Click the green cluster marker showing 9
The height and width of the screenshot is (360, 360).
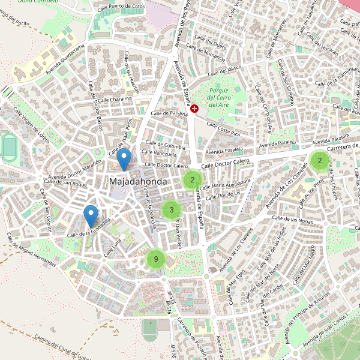(x=156, y=259)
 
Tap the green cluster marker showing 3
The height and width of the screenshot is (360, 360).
(x=172, y=209)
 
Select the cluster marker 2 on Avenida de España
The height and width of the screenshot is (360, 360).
(x=193, y=179)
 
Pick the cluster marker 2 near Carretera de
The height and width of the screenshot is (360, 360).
(x=320, y=160)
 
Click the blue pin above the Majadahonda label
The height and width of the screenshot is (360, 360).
(x=124, y=160)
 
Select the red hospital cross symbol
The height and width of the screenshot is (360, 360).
(x=194, y=108)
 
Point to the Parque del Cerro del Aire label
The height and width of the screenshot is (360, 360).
(x=219, y=97)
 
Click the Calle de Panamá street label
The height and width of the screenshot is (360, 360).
(x=170, y=113)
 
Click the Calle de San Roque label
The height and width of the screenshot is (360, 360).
(x=67, y=183)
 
